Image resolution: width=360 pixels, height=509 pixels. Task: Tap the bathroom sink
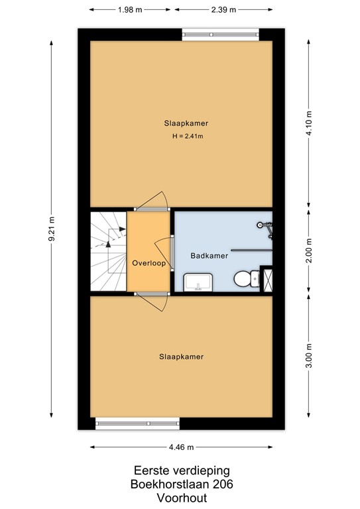pyautogui.click(x=196, y=283)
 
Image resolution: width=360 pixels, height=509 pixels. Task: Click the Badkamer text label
pyautogui.click(x=210, y=255)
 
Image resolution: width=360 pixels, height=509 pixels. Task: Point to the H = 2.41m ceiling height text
pyautogui.click(x=188, y=137)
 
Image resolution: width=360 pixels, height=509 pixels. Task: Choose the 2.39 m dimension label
pyautogui.click(x=223, y=10)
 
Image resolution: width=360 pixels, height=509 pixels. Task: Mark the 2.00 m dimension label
pyautogui.click(x=308, y=251)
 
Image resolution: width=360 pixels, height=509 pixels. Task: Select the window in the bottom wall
pyautogui.click(x=137, y=424)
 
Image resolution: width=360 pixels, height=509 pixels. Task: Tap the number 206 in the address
pyautogui.click(x=222, y=484)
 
